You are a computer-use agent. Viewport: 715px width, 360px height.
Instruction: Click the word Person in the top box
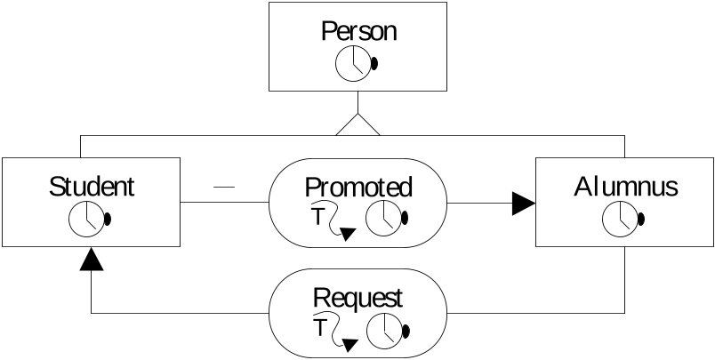coord(358,32)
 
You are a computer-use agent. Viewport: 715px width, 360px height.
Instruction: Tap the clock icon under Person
coord(353,64)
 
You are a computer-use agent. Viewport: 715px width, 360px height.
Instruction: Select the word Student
coord(92,187)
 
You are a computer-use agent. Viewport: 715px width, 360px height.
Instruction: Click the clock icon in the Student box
coord(87,220)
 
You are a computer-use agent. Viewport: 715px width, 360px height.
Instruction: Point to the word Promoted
coord(358,188)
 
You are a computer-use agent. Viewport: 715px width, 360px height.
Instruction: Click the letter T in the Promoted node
coord(317,217)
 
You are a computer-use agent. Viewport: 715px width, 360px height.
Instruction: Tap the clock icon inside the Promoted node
coord(384,218)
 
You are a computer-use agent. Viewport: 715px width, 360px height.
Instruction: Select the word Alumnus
coord(626,187)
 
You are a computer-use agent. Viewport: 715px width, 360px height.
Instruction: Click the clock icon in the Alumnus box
coord(620,219)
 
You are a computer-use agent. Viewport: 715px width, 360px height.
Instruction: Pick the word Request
coord(358,299)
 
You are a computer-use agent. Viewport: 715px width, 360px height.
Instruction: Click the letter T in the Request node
coord(320,327)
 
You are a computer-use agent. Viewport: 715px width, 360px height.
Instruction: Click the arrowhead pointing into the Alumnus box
coord(524,204)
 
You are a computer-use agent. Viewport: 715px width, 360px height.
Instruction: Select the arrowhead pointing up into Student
coord(92,259)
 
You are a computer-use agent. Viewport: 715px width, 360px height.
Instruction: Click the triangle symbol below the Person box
coord(358,124)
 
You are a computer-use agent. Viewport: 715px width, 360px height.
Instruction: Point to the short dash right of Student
coord(224,187)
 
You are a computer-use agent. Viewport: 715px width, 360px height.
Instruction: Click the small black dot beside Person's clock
coord(374,64)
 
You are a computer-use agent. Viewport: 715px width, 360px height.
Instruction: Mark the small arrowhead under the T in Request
coord(349,345)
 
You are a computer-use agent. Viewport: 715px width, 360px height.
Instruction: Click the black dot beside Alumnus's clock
coord(640,219)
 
